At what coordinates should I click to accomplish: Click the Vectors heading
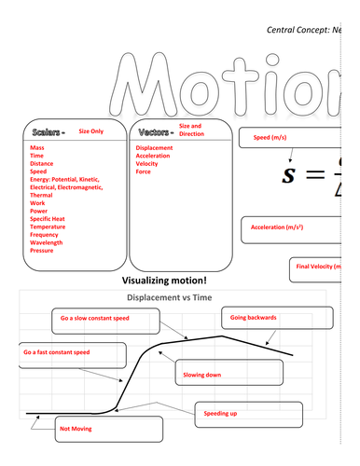tap(153, 131)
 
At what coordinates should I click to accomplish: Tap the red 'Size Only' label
tap(91, 131)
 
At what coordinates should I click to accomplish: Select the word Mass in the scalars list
tap(37, 147)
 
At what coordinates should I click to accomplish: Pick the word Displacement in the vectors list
tap(154, 147)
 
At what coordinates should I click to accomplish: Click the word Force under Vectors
tap(144, 171)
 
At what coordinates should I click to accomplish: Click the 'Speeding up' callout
tap(220, 411)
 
